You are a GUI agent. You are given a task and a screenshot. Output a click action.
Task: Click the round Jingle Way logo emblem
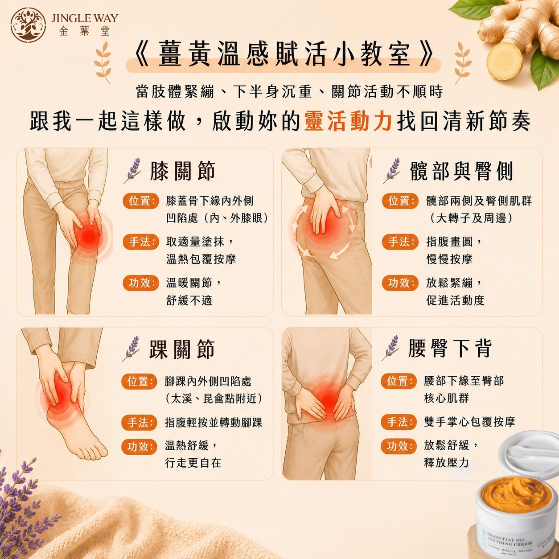click(x=29, y=25)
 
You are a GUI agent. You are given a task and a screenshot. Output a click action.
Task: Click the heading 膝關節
click(x=183, y=171)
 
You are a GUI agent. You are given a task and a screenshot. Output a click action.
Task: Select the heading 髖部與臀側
click(x=461, y=171)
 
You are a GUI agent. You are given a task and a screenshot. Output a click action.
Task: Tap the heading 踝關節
click(x=182, y=349)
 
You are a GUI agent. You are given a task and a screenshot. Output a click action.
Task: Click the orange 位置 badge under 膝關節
click(x=141, y=201)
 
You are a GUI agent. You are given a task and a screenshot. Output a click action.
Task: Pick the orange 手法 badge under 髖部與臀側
click(x=400, y=242)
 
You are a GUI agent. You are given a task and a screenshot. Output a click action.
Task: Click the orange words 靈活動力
click(x=349, y=121)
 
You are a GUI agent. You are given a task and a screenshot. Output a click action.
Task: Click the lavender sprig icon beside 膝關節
click(x=132, y=171)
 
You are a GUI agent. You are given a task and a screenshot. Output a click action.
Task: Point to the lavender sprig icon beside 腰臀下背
click(x=390, y=348)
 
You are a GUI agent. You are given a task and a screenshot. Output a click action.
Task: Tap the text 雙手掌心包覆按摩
click(x=469, y=422)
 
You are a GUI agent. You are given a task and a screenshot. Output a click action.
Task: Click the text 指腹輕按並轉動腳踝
click(x=214, y=422)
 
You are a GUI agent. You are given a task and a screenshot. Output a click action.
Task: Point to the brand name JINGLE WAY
click(x=85, y=18)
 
